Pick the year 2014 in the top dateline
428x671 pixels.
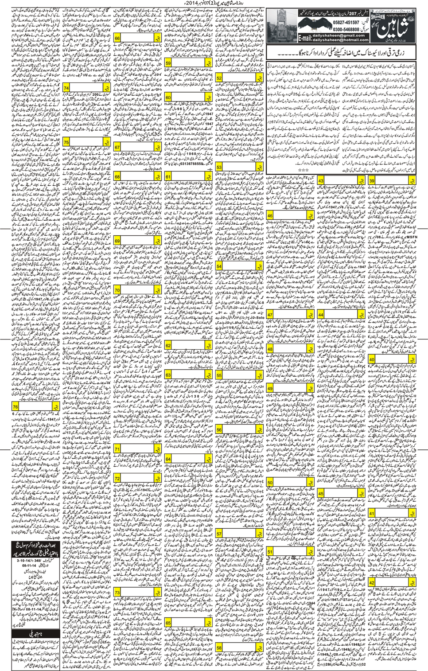pos(194,4)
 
